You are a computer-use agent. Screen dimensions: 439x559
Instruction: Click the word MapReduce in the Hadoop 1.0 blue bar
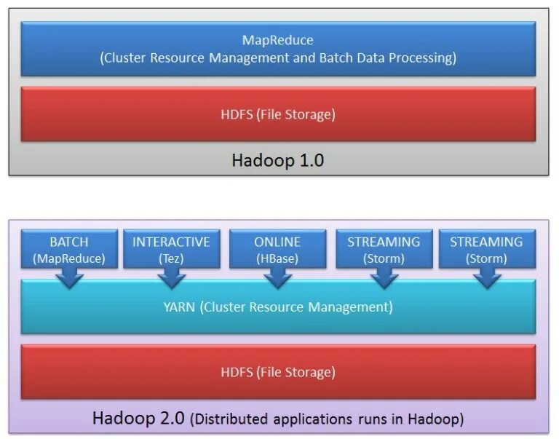(278, 40)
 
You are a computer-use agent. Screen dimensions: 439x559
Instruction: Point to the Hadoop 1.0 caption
(277, 160)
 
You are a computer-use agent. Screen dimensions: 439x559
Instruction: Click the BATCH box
(68, 249)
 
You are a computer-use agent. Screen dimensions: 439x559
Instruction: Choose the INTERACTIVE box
(171, 249)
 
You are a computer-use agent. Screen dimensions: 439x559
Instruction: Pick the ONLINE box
(277, 249)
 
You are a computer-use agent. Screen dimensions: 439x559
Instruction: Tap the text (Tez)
(171, 257)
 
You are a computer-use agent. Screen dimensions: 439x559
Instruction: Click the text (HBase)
(277, 257)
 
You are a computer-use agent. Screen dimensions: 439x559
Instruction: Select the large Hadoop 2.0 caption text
(139, 419)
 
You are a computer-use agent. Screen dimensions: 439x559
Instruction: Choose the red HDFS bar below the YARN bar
(278, 371)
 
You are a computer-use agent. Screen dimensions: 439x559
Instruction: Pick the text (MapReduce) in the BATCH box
(68, 258)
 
